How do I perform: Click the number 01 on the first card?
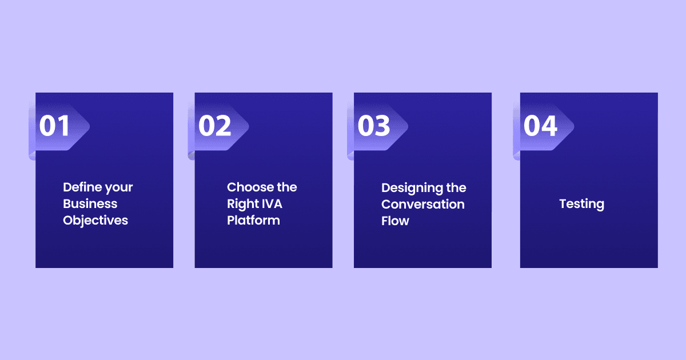54,126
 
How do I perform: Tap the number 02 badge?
215,126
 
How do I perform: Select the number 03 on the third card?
374,126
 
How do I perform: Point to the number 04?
540,126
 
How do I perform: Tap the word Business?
90,203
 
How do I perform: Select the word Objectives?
95,221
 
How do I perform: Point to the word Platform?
253,221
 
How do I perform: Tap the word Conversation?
423,204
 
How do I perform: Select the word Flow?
395,221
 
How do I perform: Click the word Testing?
581,204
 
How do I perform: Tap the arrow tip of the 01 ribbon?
89,126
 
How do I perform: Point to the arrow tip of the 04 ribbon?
574,126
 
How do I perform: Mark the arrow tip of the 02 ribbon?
249,126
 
